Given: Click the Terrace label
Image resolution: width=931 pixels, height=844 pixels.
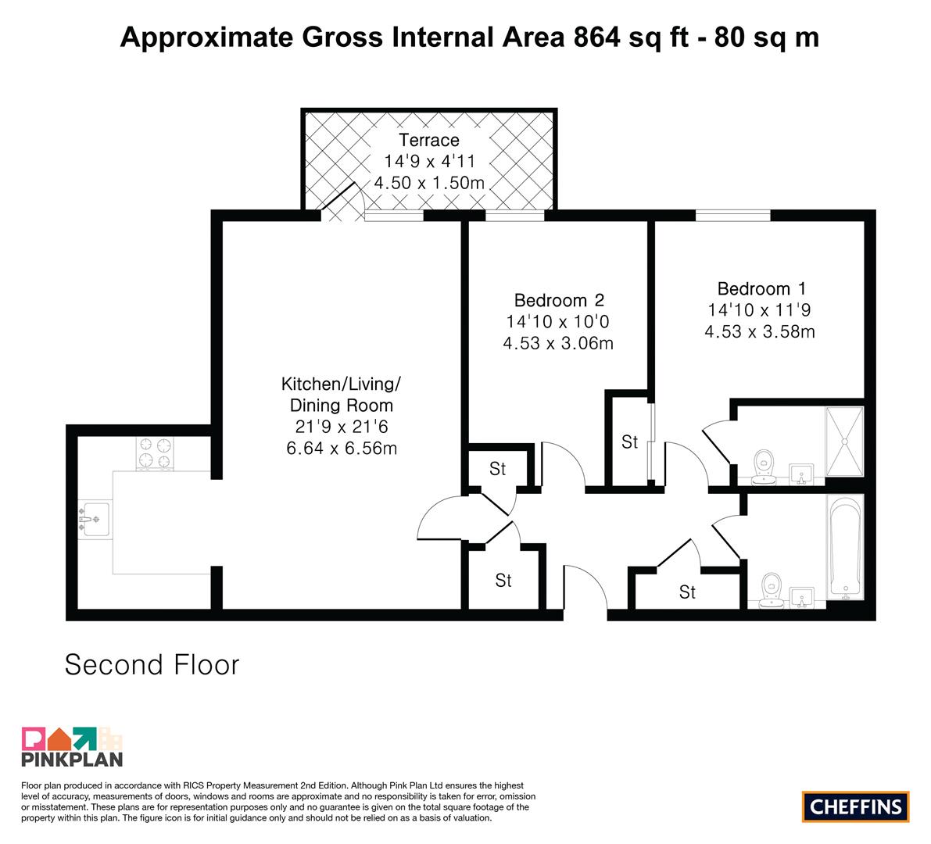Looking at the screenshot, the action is (428, 140).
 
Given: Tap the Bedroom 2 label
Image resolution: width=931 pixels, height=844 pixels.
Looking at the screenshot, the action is (559, 300).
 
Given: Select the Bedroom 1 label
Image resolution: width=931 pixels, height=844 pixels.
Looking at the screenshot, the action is (761, 289).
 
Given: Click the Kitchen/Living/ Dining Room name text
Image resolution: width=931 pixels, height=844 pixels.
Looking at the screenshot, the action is (342, 395).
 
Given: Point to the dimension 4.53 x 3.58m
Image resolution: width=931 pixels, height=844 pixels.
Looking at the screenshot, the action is (760, 332).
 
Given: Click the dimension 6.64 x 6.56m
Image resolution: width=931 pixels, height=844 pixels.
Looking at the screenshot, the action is (342, 448).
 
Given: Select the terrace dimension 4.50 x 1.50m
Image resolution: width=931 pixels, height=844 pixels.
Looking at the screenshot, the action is (428, 183).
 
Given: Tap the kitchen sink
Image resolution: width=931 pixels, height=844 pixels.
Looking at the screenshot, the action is (94, 520).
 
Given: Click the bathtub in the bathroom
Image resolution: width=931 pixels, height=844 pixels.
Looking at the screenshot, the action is (845, 547).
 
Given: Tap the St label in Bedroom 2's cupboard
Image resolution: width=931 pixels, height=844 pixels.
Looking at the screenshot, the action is (629, 442).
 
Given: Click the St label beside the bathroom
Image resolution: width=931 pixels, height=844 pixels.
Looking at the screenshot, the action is (688, 592).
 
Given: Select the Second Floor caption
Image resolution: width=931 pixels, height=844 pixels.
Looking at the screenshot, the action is (152, 665).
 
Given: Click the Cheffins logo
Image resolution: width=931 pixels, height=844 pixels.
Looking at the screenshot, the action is (856, 806).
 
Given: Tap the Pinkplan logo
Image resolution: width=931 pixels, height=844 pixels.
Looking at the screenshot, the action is (72, 746).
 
